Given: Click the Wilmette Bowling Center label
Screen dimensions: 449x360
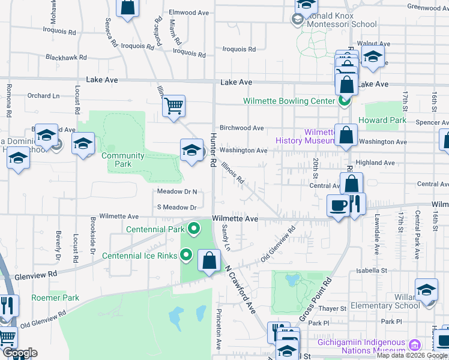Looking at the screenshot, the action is pyautogui.click(x=289, y=101).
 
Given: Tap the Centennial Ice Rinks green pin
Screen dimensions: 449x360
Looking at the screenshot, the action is pyautogui.click(x=187, y=255).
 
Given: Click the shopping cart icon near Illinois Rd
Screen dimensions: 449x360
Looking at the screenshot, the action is pyautogui.click(x=173, y=106).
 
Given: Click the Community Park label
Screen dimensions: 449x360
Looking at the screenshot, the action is pyautogui.click(x=123, y=160).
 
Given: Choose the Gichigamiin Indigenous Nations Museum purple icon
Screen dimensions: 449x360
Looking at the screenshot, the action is pyautogui.click(x=414, y=345).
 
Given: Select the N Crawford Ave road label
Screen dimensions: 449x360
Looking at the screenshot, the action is pyautogui.click(x=241, y=290).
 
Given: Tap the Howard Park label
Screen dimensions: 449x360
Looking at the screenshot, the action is pyautogui.click(x=382, y=120).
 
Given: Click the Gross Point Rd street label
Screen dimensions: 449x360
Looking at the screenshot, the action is pyautogui.click(x=316, y=298).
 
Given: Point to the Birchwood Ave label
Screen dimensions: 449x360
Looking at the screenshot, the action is pyautogui.click(x=242, y=128).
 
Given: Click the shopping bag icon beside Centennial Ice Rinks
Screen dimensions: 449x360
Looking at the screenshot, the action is pyautogui.click(x=209, y=261).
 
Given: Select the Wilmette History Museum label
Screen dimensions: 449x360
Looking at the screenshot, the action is pyautogui.click(x=304, y=136).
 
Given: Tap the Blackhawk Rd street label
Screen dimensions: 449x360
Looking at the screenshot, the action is pyautogui.click(x=66, y=58).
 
